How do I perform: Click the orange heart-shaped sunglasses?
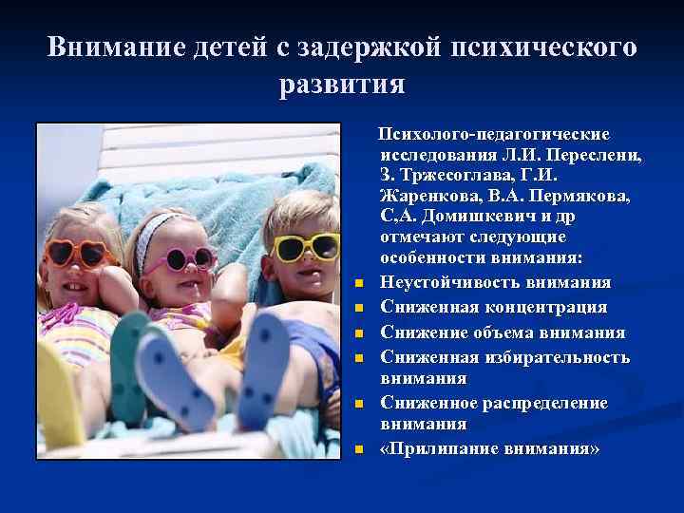tap(76, 254)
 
